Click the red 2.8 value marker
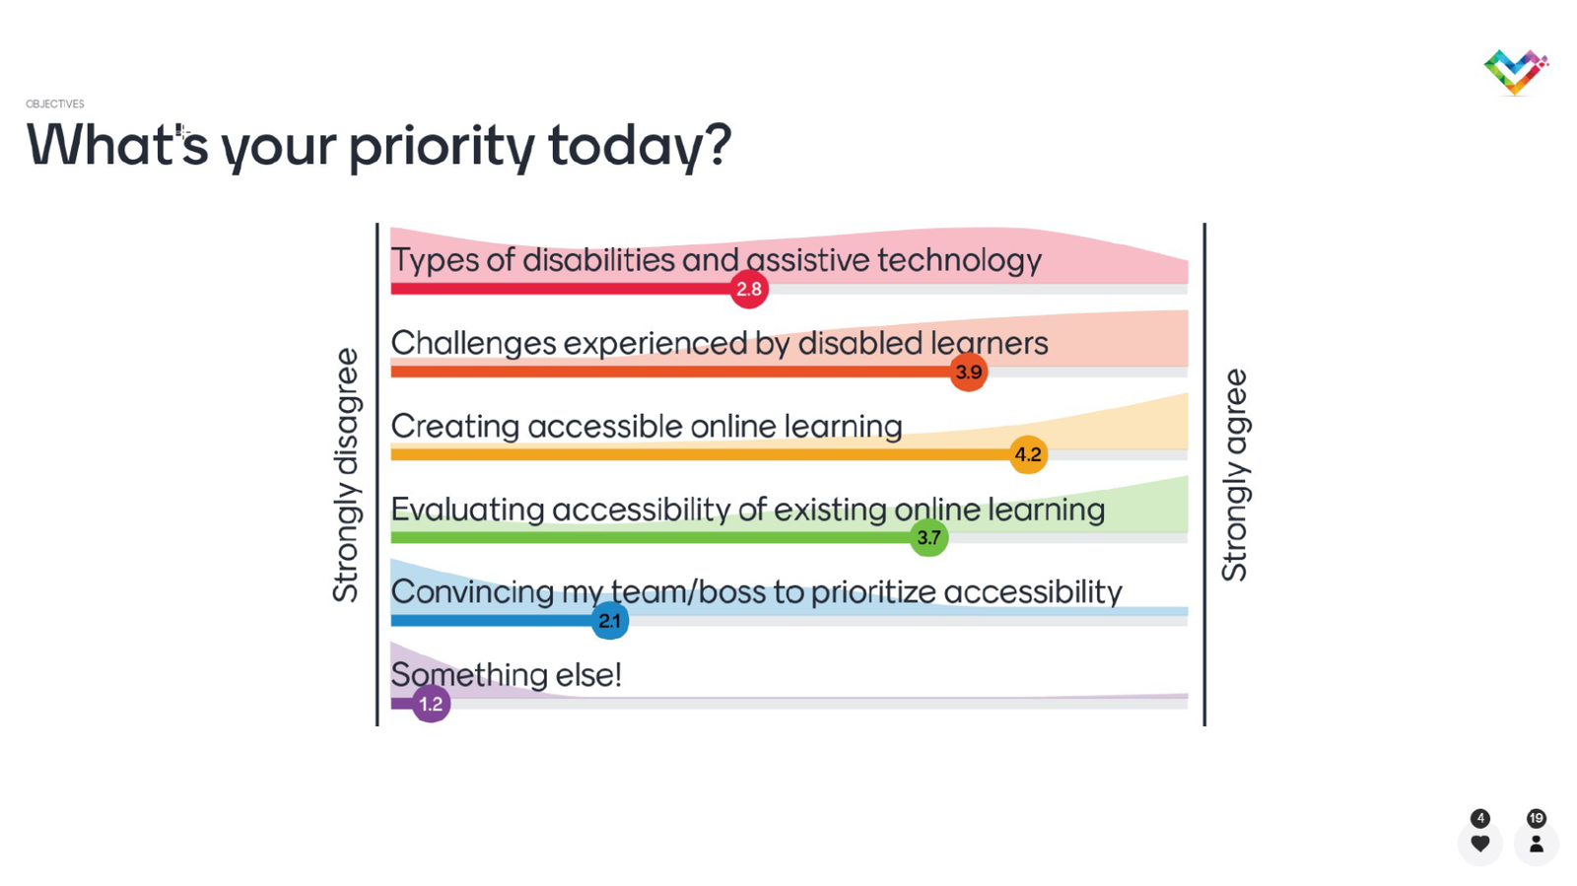(748, 289)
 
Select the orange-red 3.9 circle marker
(969, 372)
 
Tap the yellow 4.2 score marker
(1028, 454)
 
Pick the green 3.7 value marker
(928, 538)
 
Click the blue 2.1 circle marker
(610, 621)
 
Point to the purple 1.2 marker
(431, 704)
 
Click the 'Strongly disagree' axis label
(346, 475)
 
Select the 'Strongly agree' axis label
(1236, 475)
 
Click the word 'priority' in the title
(442, 147)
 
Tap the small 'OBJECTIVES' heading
(55, 103)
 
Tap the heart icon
(1479, 843)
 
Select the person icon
(1537, 843)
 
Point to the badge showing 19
(1537, 818)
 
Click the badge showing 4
(1479, 818)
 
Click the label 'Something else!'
(507, 675)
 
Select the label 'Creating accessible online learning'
(647, 427)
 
